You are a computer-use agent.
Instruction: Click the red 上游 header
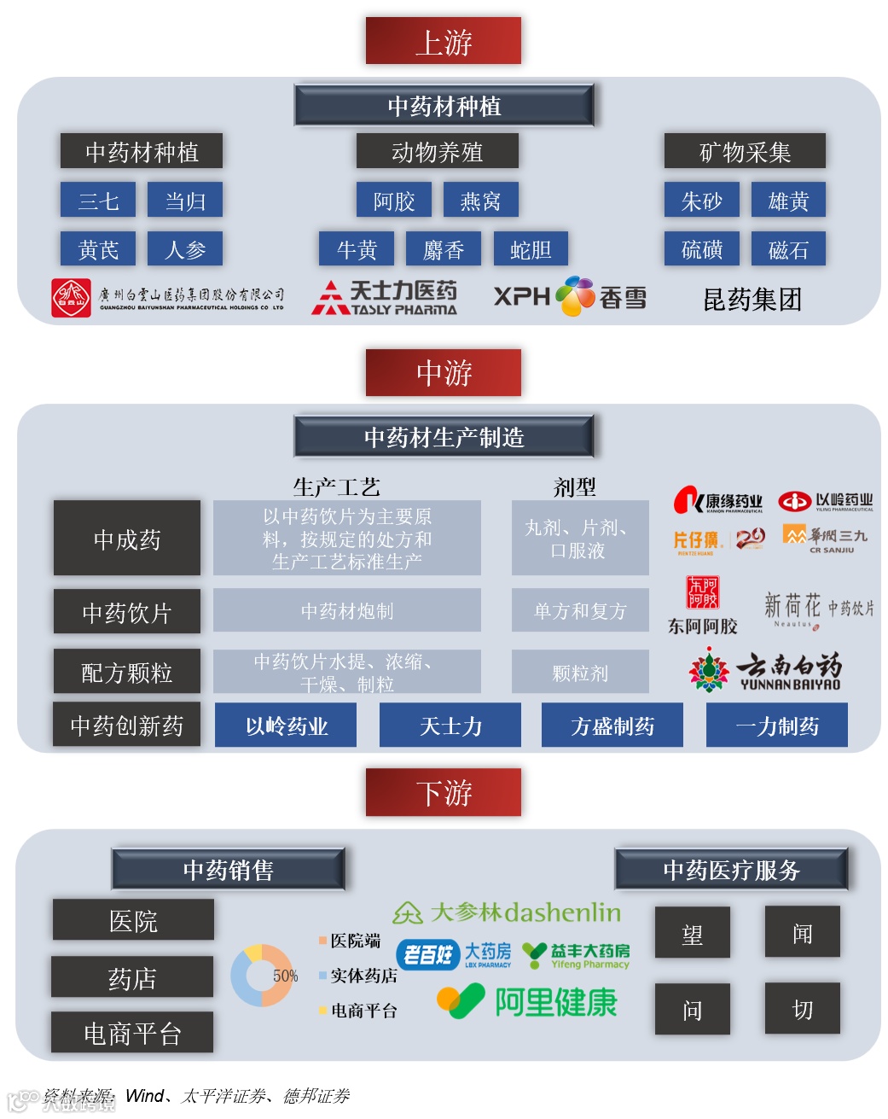tap(443, 41)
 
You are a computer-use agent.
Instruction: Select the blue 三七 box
tap(98, 201)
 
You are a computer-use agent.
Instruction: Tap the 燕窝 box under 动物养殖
tap(480, 201)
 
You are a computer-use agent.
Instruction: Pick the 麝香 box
tap(444, 249)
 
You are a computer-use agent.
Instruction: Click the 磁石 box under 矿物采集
tap(788, 249)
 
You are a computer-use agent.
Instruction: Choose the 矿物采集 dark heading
tap(745, 152)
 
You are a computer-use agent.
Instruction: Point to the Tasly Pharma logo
tap(385, 298)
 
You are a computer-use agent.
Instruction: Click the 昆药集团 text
tap(752, 299)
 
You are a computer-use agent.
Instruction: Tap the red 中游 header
tap(443, 372)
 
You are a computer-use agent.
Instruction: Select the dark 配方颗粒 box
tap(127, 672)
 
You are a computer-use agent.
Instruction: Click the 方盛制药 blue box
tap(612, 726)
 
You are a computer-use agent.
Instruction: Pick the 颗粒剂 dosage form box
tap(580, 673)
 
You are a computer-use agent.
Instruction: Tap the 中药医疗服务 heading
tap(731, 870)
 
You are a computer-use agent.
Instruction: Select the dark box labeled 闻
tap(802, 932)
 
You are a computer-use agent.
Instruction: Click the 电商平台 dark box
tap(132, 1033)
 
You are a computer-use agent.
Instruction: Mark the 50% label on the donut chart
tap(285, 976)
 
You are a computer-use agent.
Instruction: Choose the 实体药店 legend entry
tap(358, 975)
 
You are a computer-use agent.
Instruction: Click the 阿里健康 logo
tap(527, 1001)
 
